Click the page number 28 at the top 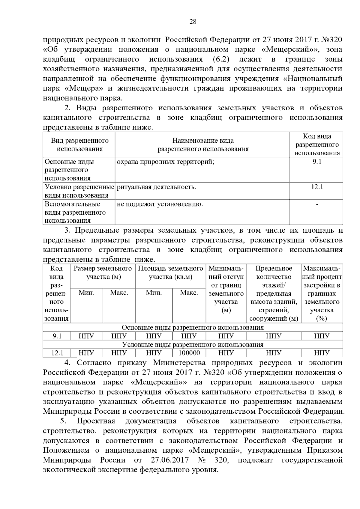pos(193,22)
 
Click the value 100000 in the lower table pos(189,353)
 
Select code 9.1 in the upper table pos(316,162)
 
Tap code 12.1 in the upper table pos(317,187)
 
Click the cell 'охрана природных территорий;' pos(165,162)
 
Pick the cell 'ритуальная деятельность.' pos(156,187)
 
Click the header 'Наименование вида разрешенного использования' pos(203,145)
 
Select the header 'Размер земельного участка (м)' pos(103,272)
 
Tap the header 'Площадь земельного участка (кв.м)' pos(170,272)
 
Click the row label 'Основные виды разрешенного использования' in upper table pos(69,170)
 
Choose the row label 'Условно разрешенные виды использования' pos(79,191)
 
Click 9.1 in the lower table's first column pos(57,336)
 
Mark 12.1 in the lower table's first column pos(57,353)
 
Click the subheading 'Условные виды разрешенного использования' pos(193,344)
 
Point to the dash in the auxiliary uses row pos(317,204)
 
